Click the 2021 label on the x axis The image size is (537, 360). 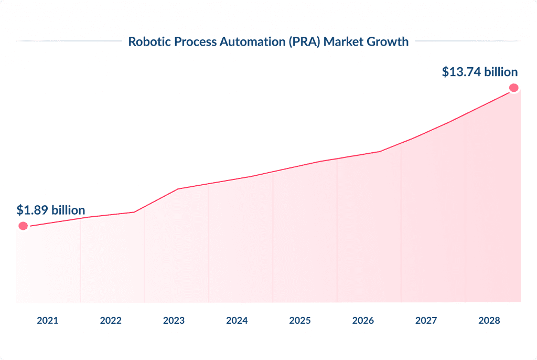point(48,320)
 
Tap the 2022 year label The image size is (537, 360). point(111,320)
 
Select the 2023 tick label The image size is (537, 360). point(174,320)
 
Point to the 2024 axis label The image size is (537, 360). point(237,320)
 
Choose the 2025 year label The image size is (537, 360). point(300,320)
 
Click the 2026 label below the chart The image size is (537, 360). point(363,320)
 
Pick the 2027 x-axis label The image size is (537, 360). point(426,320)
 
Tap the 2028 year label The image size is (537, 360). point(489,320)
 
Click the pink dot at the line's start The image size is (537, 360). point(23,226)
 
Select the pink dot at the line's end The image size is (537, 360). point(514,88)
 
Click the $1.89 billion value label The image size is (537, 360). point(51,210)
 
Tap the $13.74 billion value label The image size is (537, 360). point(480,72)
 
